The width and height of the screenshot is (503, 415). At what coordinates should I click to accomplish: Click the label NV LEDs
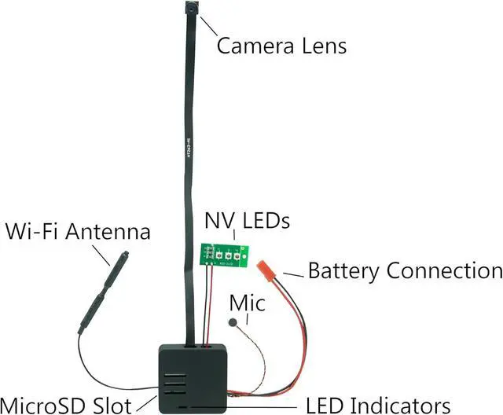click(x=248, y=221)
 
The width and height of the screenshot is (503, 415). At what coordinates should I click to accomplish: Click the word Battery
click(x=344, y=272)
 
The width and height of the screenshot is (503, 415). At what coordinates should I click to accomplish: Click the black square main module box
click(x=193, y=376)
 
